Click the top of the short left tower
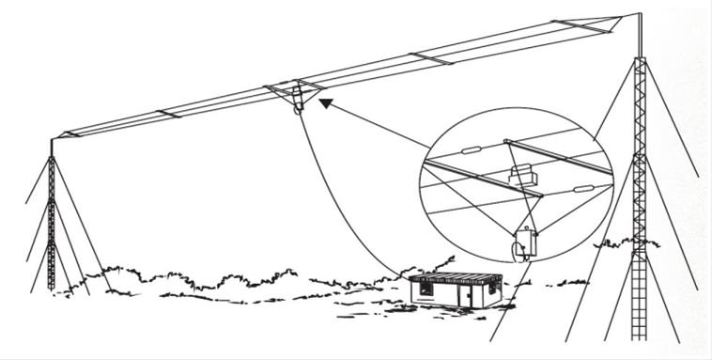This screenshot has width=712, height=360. [52, 140]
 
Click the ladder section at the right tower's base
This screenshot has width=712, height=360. [640, 301]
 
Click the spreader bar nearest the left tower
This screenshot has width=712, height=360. [166, 114]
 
